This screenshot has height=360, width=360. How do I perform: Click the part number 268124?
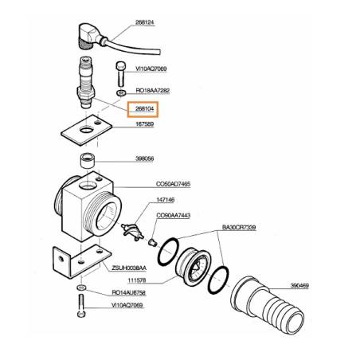coord(145,22)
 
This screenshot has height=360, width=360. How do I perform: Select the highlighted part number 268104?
coord(145,108)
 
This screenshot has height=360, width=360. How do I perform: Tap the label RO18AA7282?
coord(153,91)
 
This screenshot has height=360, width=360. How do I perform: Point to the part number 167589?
coord(145,124)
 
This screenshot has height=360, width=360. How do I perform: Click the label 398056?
coord(145,158)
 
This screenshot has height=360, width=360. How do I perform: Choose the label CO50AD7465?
coord(173,184)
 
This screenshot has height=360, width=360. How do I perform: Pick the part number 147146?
coord(166,200)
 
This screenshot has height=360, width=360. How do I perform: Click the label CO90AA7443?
coord(174,215)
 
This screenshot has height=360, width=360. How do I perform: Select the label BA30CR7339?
coord(239,228)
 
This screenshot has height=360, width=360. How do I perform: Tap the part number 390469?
coord(299,286)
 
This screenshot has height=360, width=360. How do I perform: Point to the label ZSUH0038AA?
coord(129,268)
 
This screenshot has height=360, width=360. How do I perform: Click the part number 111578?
coord(137,280)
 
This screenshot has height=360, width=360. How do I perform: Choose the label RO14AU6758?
coord(129,292)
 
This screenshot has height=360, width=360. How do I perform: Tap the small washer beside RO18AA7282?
coord(121,93)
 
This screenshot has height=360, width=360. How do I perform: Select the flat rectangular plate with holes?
coord(87,130)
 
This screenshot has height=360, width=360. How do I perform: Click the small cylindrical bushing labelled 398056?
coord(88,160)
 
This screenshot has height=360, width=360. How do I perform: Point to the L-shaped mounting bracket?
coord(81,261)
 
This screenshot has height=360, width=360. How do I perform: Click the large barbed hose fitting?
coord(267,304)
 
